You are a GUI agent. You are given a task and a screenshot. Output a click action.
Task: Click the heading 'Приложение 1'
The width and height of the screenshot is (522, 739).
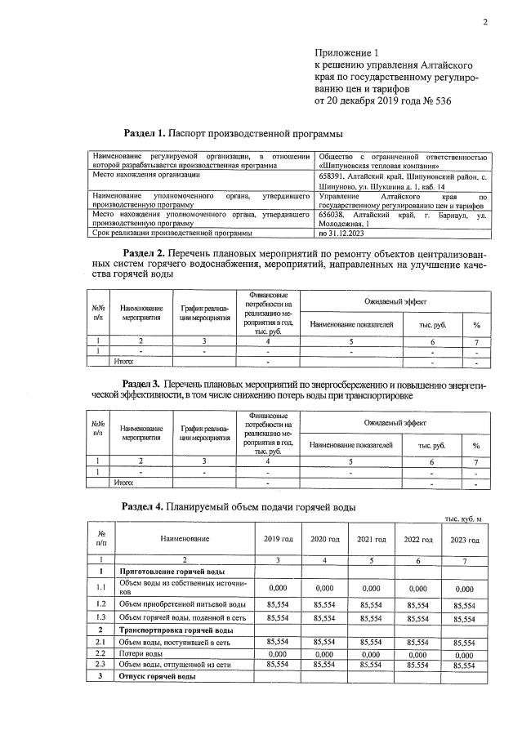coord(347,51)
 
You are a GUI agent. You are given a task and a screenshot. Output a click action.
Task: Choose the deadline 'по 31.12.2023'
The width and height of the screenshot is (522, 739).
coord(337,233)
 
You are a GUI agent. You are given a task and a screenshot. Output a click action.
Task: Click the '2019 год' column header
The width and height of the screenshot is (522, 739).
coord(279,540)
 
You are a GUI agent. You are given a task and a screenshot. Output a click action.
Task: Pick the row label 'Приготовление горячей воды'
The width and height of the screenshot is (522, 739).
coord(172,572)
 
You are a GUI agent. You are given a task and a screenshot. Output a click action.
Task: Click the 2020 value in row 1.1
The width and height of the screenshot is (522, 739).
coord(325,588)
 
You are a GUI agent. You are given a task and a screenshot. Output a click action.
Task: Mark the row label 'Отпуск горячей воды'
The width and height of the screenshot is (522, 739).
coord(158,677)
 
